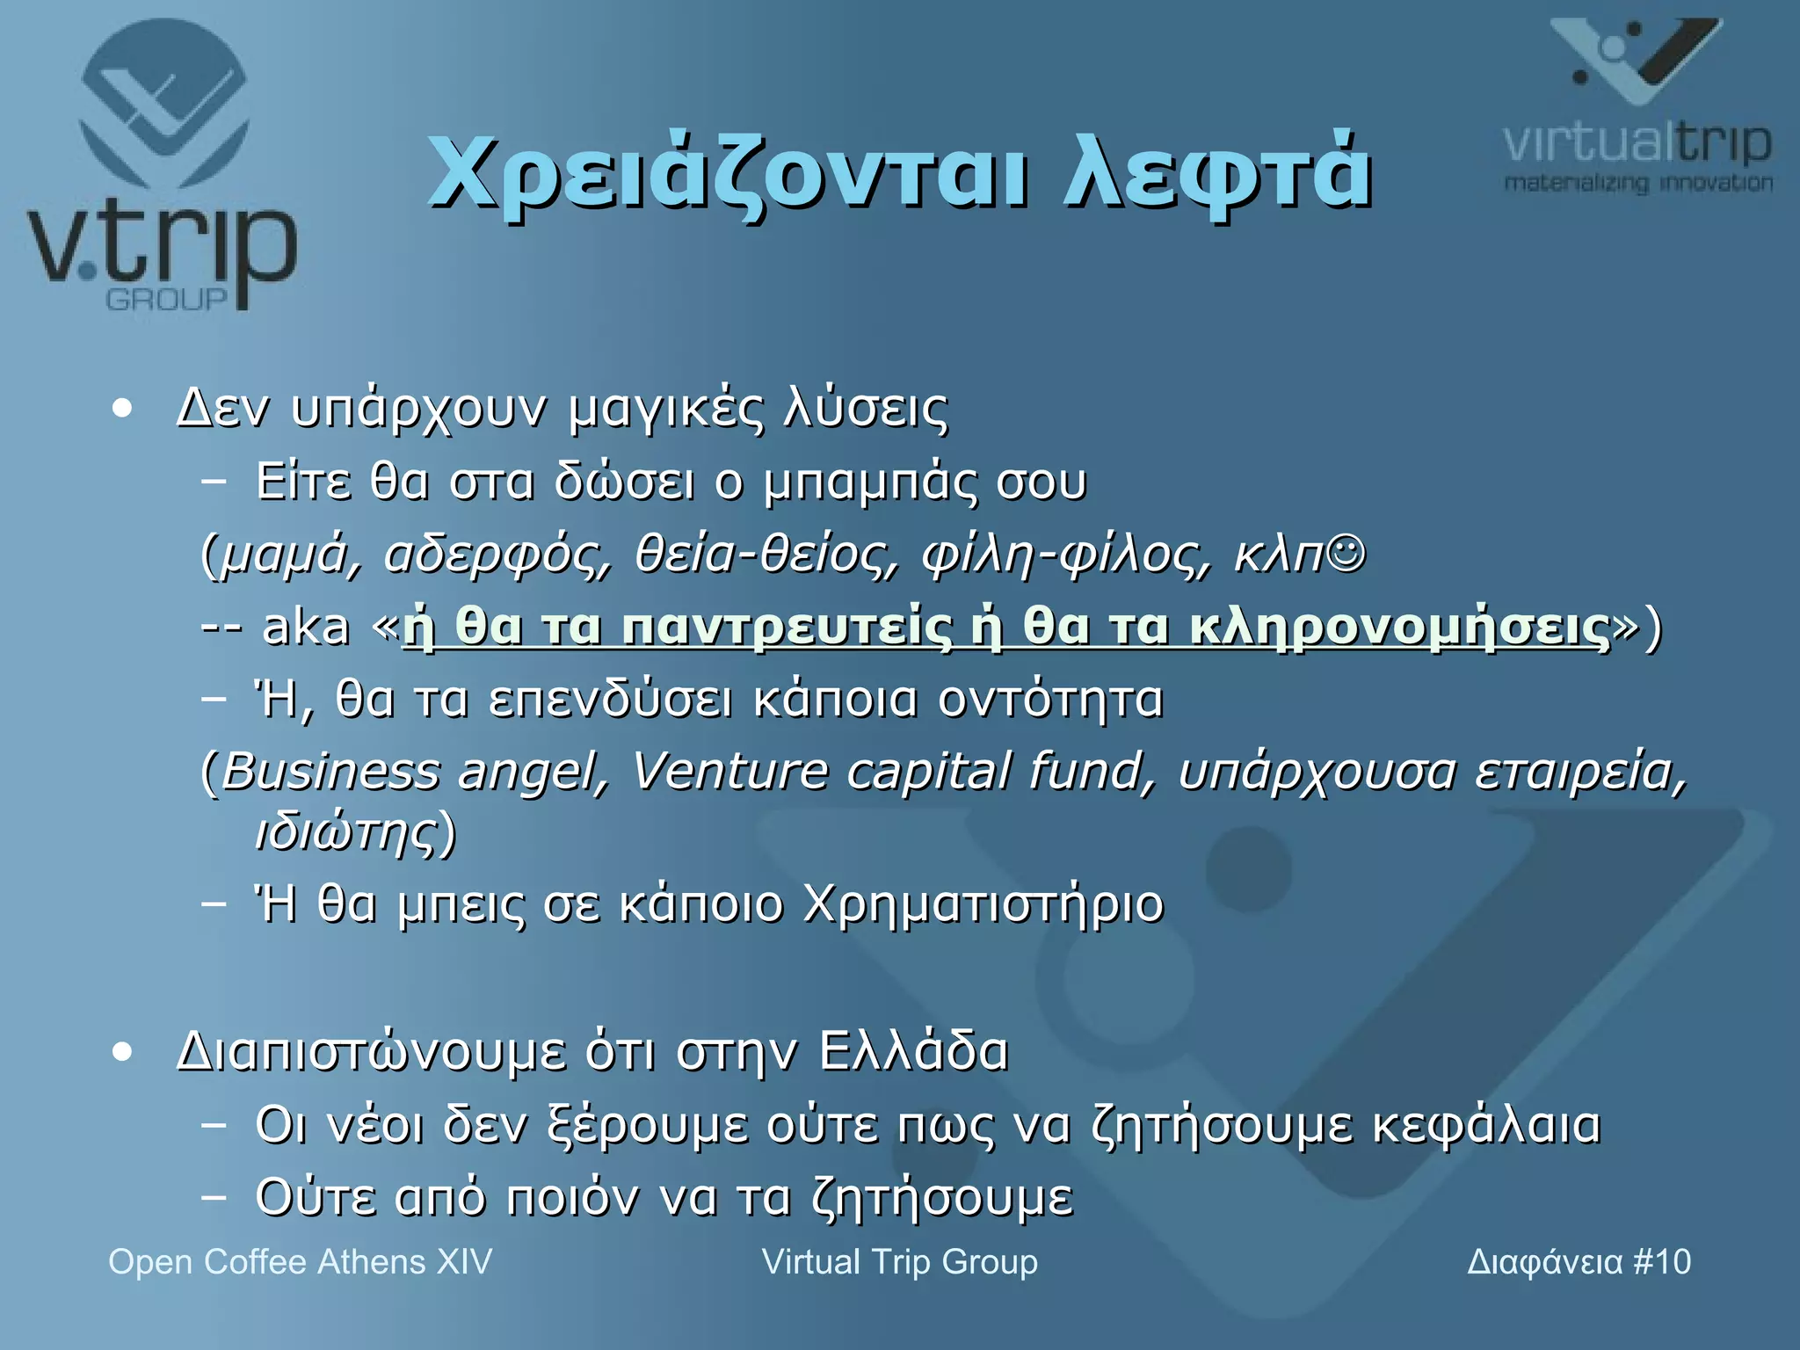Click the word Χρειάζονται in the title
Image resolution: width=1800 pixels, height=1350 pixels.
[725, 174]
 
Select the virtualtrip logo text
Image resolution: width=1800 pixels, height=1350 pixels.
[1637, 142]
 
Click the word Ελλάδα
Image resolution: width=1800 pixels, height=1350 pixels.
[913, 1051]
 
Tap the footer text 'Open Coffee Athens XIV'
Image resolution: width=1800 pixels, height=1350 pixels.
[300, 1262]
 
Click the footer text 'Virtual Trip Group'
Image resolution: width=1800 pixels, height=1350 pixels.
[899, 1262]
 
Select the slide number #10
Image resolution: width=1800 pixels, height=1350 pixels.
[1661, 1262]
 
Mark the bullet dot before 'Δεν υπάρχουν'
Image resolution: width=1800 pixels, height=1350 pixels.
[122, 409]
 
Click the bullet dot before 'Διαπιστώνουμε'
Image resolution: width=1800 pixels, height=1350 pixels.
[122, 1052]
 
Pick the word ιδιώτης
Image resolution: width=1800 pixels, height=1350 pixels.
[346, 831]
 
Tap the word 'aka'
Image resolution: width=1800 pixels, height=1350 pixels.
[306, 628]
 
